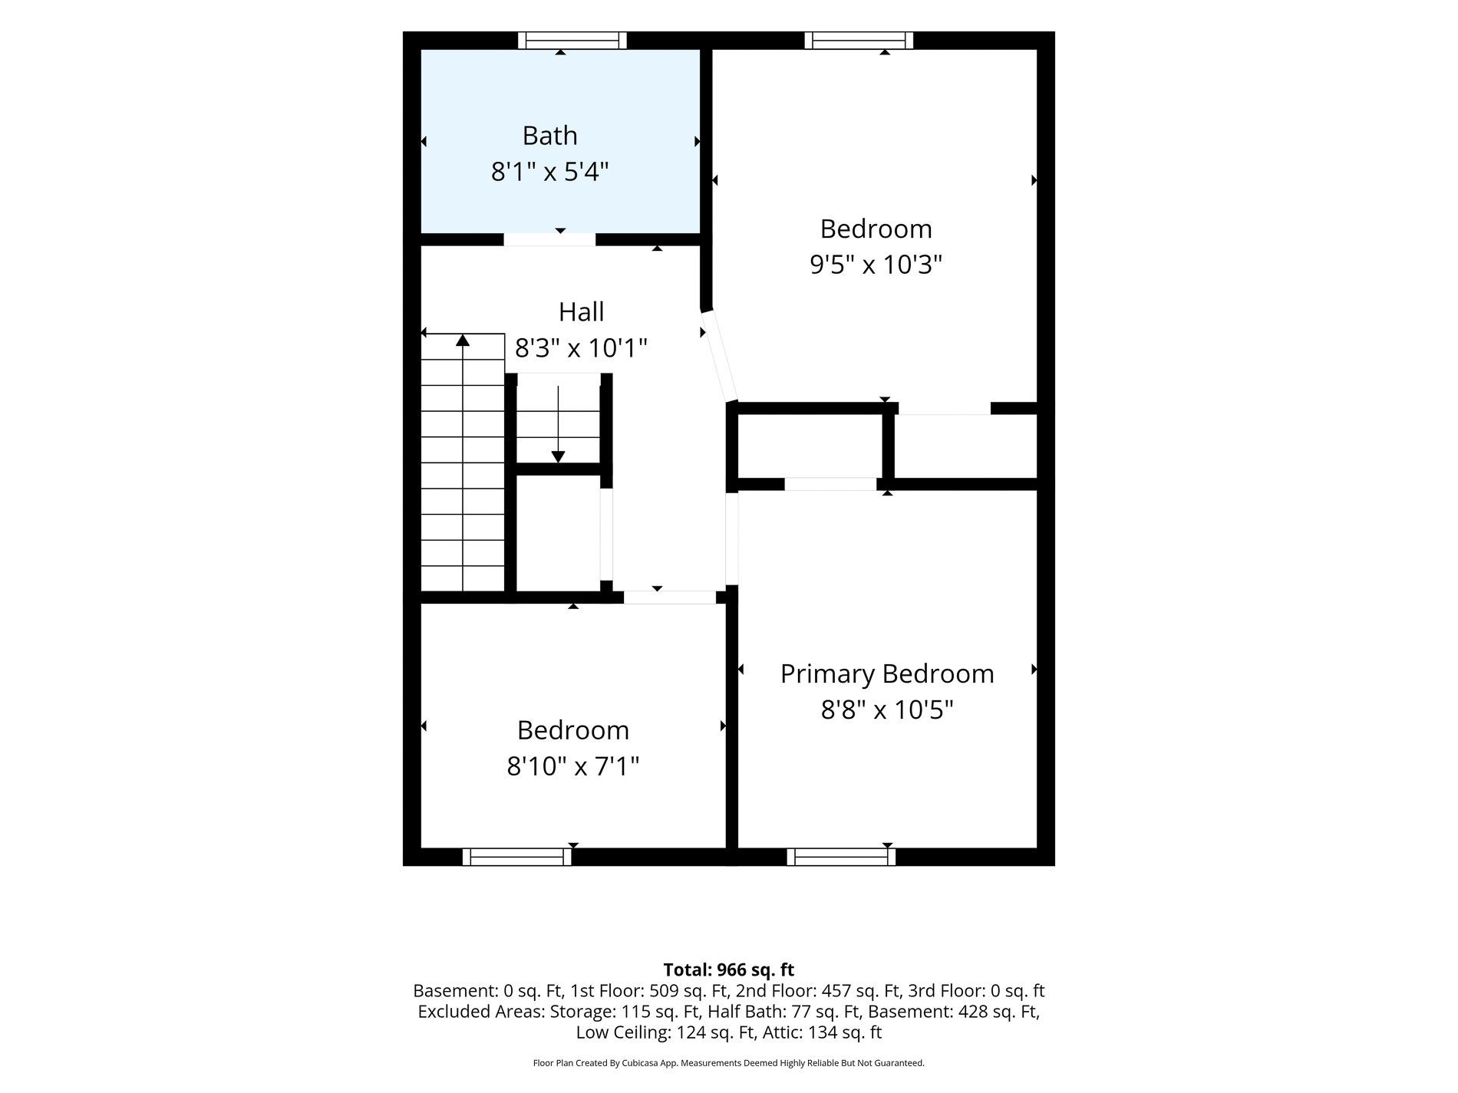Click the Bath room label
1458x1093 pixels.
(549, 136)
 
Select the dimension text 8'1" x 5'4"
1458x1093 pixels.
(549, 172)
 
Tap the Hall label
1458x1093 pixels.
(581, 312)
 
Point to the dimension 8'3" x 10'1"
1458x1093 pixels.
(581, 348)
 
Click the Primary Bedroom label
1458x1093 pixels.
(887, 673)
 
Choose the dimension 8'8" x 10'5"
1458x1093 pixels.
(887, 709)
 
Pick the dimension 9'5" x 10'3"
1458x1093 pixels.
(876, 265)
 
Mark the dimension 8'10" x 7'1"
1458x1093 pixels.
(572, 765)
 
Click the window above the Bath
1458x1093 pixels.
(572, 40)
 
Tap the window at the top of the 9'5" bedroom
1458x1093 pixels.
(859, 40)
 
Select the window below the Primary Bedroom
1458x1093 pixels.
(841, 857)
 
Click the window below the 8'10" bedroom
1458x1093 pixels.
(516, 857)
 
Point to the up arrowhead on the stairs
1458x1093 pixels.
(463, 340)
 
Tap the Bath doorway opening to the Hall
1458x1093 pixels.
(549, 239)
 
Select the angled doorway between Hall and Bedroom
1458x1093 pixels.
(719, 356)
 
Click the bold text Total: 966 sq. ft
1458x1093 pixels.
(728, 970)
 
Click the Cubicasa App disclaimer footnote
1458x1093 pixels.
(728, 1063)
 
